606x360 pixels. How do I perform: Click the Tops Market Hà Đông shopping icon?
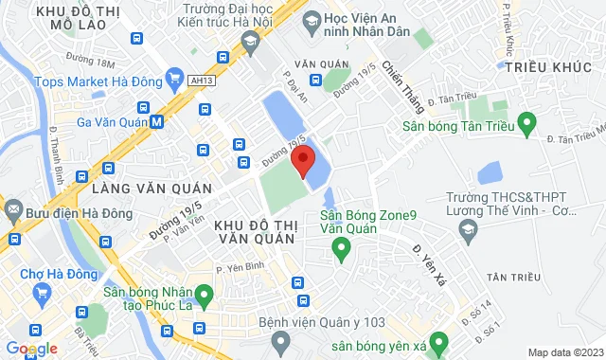[x=173, y=78]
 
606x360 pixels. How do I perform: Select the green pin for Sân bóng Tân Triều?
[x=528, y=122]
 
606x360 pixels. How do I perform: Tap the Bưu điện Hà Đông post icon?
[x=12, y=208]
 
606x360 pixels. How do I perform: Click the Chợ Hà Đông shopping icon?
[x=43, y=291]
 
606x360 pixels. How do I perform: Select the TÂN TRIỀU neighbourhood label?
[x=512, y=277]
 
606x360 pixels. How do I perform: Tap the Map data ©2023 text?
[x=564, y=352]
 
